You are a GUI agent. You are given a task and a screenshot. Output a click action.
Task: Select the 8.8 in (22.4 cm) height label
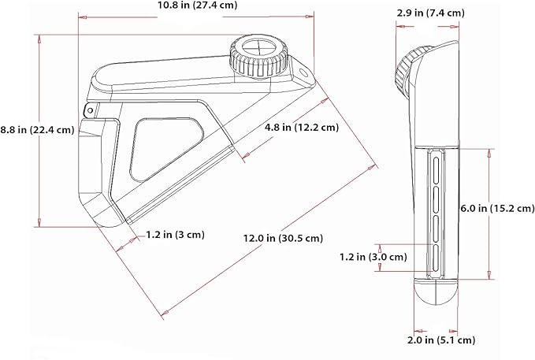click(x=37, y=131)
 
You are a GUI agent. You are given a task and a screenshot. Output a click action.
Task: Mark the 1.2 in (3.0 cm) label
click(x=373, y=256)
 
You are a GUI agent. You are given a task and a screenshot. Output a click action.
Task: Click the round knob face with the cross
click(x=256, y=44)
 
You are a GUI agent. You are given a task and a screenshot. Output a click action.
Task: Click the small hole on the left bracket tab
click(x=90, y=109)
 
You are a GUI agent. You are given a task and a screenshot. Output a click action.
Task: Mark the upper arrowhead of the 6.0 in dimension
click(x=490, y=147)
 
